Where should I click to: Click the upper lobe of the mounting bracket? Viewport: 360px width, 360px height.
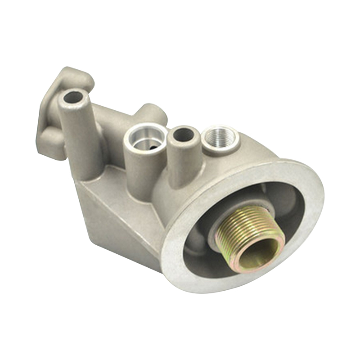(74, 76)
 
